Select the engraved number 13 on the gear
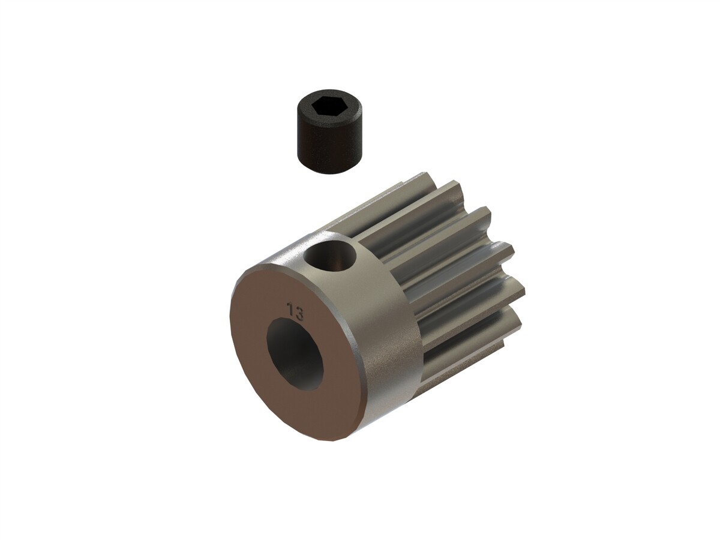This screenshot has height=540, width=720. pos(295,312)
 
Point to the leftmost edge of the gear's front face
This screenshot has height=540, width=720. pos(231,324)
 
